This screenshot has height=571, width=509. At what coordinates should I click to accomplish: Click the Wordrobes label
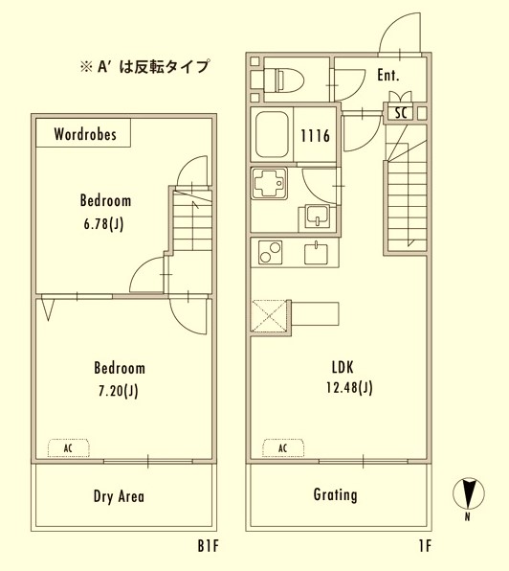86,135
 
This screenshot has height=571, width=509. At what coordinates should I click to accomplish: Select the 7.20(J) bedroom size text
119,390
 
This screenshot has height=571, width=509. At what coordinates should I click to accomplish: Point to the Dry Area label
120,496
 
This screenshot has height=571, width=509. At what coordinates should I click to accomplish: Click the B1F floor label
209,547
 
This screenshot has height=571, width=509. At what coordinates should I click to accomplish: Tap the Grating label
335,495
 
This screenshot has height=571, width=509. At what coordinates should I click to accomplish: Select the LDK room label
343,366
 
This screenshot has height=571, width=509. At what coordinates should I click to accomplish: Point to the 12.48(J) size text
348,387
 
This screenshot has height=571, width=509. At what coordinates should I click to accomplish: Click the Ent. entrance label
388,75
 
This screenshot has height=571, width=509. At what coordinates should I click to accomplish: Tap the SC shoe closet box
399,113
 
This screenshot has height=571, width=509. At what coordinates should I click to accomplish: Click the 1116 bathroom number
316,136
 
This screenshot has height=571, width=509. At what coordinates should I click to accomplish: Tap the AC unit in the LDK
282,447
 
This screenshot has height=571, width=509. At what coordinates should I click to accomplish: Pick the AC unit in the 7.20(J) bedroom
68,447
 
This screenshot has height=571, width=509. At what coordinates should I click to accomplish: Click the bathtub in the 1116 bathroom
275,135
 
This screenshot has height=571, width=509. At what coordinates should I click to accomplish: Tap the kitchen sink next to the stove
316,253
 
